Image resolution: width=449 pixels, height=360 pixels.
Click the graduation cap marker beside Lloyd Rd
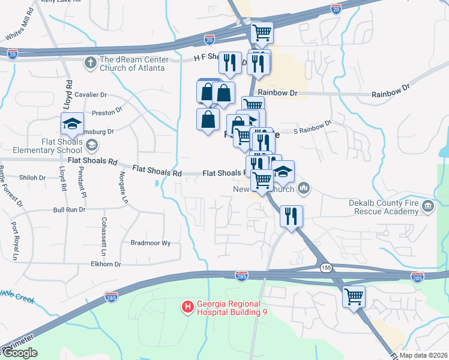[x=73, y=125]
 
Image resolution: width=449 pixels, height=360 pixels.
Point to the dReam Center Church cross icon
[x=91, y=62]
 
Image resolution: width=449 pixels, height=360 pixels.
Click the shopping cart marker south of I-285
[x=354, y=296]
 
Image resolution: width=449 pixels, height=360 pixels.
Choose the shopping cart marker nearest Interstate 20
[x=262, y=33]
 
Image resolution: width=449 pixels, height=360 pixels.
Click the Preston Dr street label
[x=107, y=112]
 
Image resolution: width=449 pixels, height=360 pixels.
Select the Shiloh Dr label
[x=33, y=178]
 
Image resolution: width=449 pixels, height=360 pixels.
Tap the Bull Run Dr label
[x=67, y=210]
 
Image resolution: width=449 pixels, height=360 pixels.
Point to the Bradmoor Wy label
[x=151, y=243]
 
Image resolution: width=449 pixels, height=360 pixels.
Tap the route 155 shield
[x=325, y=266]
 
